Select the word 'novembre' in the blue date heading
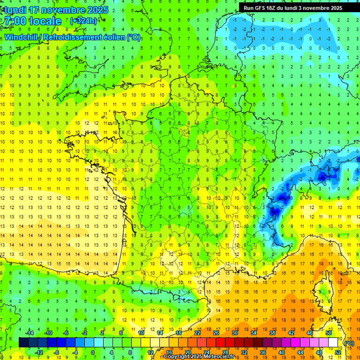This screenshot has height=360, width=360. pyautogui.click(x=60, y=10)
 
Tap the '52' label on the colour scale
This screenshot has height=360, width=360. pyautogui.click(x=338, y=352)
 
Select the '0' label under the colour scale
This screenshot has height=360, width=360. pyautogui.click(x=93, y=352)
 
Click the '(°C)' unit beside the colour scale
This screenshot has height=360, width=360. pyautogui.click(x=349, y=343)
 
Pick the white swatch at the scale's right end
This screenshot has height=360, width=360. pyautogui.click(x=333, y=343)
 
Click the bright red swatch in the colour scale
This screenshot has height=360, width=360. pyautogui.click(x=221, y=343)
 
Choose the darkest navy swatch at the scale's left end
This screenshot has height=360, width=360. pyautogui.click(x=23, y=343)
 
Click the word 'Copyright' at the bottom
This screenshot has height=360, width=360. pyautogui.click(x=178, y=357)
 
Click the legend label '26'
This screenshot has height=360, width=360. pyautogui.click(x=216, y=333)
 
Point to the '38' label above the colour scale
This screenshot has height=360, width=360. pyautogui.click(x=272, y=333)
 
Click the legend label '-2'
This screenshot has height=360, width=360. pyautogui.click(x=84, y=333)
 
